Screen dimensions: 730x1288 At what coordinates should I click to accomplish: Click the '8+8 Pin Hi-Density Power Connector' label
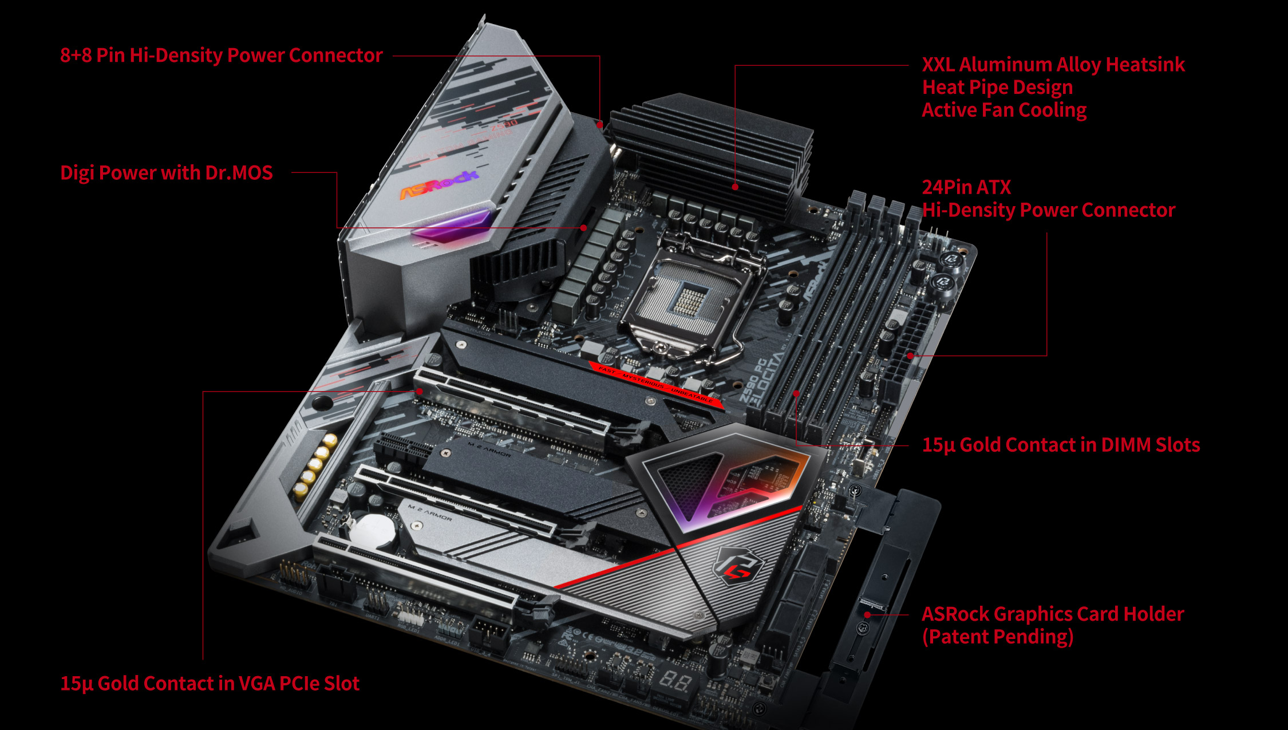point(221,56)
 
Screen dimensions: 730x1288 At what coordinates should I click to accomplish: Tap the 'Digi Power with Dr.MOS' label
point(166,173)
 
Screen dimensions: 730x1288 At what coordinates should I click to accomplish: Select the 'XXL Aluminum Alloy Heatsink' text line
point(1053,65)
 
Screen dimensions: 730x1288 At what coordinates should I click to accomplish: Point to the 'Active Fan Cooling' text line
point(1003,110)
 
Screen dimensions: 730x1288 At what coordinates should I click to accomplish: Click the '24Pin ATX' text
point(966,187)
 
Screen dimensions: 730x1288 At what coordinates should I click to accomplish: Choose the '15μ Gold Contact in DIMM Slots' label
point(1060,445)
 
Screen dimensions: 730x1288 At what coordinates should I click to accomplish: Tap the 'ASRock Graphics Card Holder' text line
point(1052,614)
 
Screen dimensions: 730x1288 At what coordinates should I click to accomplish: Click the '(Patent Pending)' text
point(997,637)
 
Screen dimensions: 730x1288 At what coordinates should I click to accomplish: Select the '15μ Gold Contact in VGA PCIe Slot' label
point(210,683)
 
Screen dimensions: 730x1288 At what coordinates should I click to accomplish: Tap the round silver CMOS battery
point(372,530)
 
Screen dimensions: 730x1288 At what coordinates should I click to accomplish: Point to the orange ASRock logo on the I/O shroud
point(438,184)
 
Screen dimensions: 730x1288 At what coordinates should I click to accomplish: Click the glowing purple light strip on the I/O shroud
point(451,225)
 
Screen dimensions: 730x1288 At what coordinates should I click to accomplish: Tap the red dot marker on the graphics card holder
point(867,614)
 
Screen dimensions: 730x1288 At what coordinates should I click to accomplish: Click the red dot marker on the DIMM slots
point(796,394)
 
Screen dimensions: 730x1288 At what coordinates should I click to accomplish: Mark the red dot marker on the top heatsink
point(736,187)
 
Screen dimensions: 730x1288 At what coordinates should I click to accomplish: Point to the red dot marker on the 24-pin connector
point(911,356)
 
